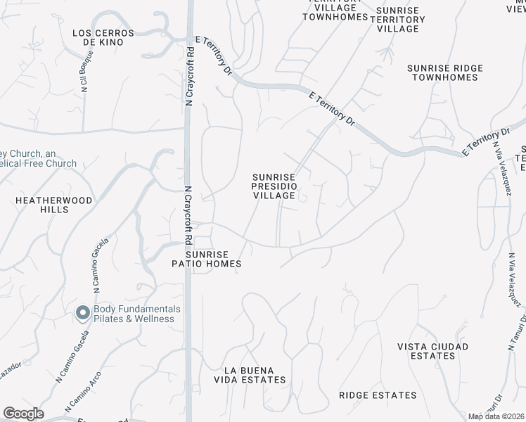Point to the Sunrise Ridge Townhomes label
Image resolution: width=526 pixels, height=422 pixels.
tap(445, 72)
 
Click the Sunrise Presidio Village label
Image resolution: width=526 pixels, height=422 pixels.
tap(274, 186)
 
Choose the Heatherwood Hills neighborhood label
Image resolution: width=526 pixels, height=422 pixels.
tap(54, 205)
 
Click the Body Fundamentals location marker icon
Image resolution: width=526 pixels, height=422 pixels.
tap(82, 313)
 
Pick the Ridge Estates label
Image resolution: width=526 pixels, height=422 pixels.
tap(378, 395)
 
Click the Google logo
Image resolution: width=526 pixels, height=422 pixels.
tap(23, 414)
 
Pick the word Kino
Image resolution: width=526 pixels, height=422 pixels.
tap(111, 42)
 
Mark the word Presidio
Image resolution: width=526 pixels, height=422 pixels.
tap(274, 186)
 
